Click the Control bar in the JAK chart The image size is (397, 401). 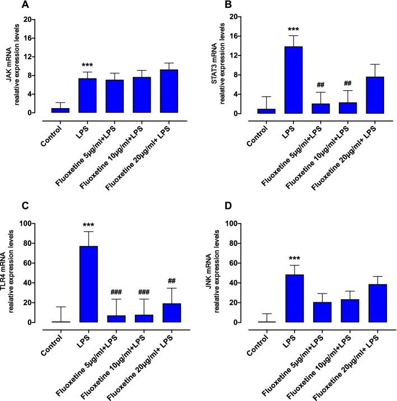[x=60, y=110]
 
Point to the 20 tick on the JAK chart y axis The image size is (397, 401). [x=32, y=20]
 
